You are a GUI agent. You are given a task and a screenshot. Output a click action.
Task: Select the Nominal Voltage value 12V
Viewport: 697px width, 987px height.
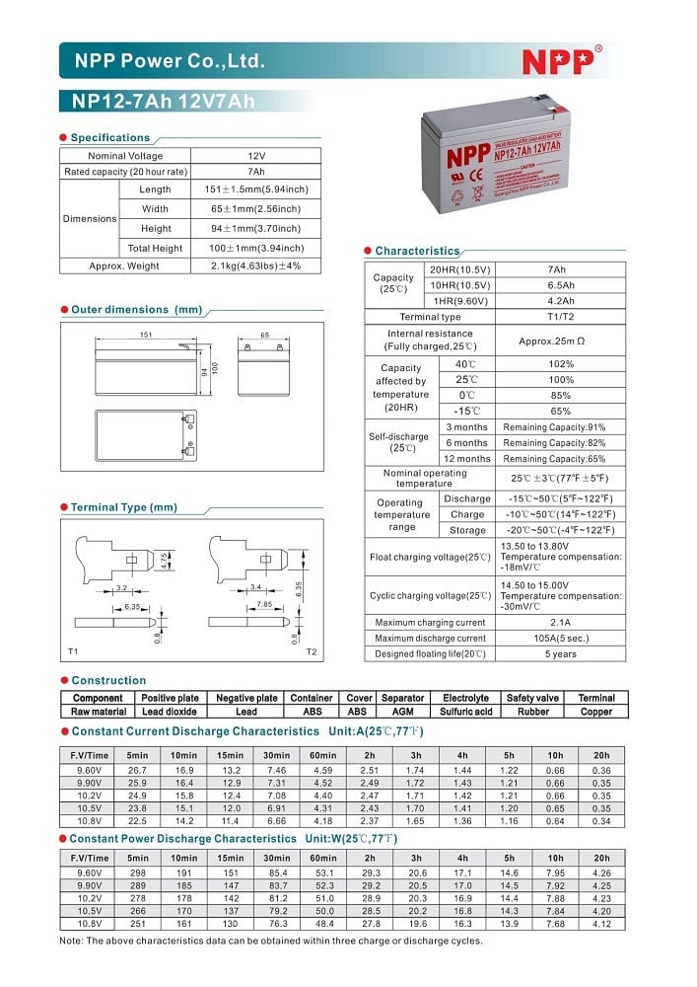pyautogui.click(x=256, y=156)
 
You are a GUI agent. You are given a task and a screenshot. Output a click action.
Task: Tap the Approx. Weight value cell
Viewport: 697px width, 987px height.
pyautogui.click(x=256, y=266)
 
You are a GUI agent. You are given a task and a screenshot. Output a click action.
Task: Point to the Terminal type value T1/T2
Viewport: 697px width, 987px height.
pyautogui.click(x=558, y=317)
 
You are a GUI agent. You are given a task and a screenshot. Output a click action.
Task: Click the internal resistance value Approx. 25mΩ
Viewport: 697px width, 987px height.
pyautogui.click(x=558, y=341)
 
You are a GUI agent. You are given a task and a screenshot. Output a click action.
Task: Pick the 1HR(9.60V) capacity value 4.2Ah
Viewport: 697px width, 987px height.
pyautogui.click(x=558, y=301)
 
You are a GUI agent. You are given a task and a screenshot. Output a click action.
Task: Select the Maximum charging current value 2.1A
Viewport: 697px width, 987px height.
pyautogui.click(x=558, y=623)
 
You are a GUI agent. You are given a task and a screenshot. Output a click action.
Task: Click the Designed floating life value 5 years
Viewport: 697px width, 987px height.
pyautogui.click(x=558, y=654)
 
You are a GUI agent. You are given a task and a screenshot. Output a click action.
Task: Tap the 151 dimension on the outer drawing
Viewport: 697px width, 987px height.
pyautogui.click(x=146, y=336)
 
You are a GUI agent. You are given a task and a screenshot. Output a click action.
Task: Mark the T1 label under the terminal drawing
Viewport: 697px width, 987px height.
pyautogui.click(x=73, y=652)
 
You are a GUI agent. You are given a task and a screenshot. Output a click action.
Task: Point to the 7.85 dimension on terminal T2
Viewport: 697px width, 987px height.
pyautogui.click(x=264, y=604)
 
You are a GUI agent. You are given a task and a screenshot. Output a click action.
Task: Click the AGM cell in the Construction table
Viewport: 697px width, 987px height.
pyautogui.click(x=402, y=712)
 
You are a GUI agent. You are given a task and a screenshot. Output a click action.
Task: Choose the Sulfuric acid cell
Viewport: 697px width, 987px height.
pyautogui.click(x=466, y=712)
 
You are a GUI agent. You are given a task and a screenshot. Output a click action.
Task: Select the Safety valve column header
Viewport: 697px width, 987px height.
pyautogui.click(x=532, y=698)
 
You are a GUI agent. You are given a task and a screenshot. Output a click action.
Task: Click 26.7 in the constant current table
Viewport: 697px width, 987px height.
pyautogui.click(x=138, y=769)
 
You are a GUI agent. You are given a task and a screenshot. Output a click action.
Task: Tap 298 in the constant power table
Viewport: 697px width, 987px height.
pyautogui.click(x=138, y=873)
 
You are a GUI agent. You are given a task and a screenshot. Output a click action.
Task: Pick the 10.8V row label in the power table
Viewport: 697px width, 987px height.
pyautogui.click(x=90, y=924)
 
